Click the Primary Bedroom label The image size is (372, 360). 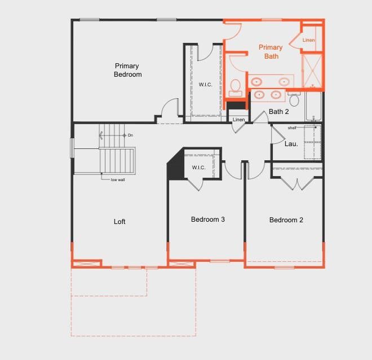127,70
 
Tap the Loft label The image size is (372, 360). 119,222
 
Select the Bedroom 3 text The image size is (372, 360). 208,219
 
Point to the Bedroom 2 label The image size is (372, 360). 286,220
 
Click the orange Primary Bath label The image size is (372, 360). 271,52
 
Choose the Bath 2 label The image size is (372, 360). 279,112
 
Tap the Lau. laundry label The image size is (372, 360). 291,144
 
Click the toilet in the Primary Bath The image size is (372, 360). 236,87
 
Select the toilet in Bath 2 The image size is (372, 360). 294,99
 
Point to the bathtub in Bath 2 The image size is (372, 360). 313,106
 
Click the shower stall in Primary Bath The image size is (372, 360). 312,71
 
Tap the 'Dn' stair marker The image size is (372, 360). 130,135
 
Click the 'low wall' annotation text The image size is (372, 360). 118,180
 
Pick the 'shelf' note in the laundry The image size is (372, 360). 292,128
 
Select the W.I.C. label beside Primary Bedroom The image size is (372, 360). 206,85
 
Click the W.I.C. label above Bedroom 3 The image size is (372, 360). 198,168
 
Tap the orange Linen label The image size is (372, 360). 308,40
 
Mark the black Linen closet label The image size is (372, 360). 238,120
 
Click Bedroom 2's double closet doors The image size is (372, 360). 297,183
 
